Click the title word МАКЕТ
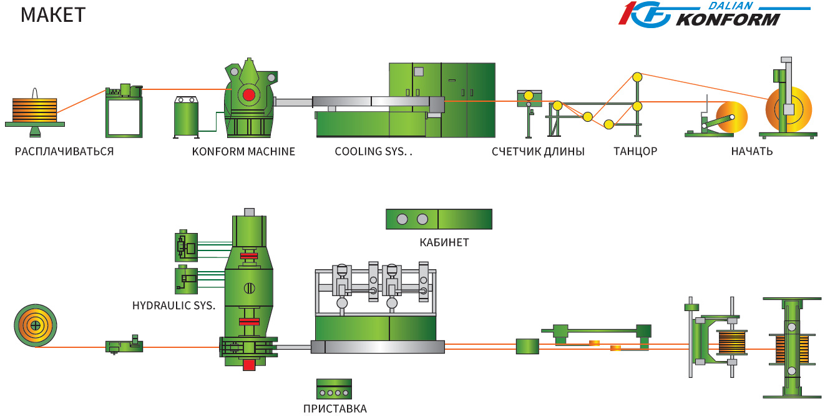52,14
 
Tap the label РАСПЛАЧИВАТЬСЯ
64,151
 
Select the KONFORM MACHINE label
243,151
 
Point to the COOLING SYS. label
374,151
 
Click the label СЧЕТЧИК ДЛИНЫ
538,151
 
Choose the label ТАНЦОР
635,151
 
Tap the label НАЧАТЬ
752,151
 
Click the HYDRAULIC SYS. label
173,306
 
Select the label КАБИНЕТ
444,242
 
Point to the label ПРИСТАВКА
334,409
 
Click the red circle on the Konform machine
248,95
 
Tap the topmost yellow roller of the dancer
637,77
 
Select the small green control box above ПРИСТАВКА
334,389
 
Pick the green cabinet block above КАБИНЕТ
439,219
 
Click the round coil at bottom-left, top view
36,325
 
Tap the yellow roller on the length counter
528,96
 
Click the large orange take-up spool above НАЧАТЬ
789,109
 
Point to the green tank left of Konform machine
186,119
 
